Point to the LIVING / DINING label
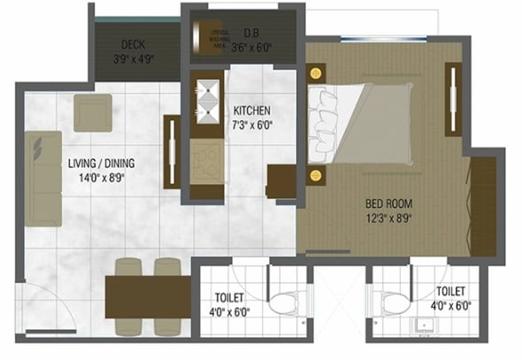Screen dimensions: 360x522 tap(101, 164)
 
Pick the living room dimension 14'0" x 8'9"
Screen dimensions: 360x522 tap(101, 177)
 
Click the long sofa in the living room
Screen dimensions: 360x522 tap(42, 178)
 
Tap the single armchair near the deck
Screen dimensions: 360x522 tap(92, 112)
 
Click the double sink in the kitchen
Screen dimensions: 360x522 tap(208, 99)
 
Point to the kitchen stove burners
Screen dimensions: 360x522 tap(208, 159)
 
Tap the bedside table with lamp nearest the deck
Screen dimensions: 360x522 tap(317, 73)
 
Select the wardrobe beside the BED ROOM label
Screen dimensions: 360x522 tap(483, 205)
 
